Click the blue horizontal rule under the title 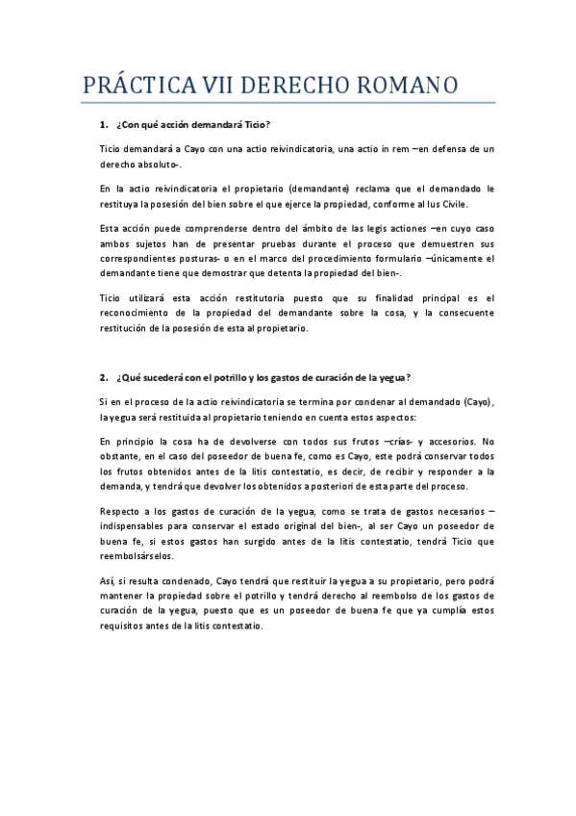288,102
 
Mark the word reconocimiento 141,313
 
